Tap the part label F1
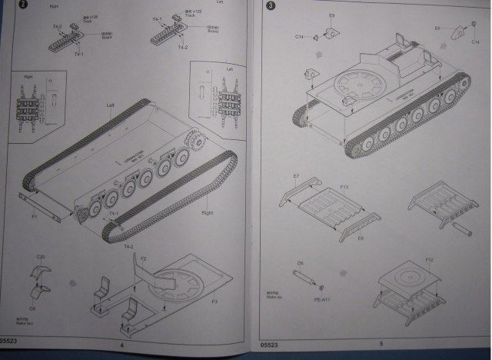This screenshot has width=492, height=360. pos(34,218)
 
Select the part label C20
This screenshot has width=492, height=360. pos(40,257)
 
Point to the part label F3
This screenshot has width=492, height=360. pos(214,301)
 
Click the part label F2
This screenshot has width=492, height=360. pos(143,258)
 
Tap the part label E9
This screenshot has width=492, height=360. pos(332,15)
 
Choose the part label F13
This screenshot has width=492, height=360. pos(344,187)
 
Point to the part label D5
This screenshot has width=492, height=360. pos(301,262)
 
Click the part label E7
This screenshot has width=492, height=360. pos(296,177)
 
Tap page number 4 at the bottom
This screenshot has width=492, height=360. pos(121,345)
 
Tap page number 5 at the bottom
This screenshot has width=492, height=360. pos(380,343)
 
